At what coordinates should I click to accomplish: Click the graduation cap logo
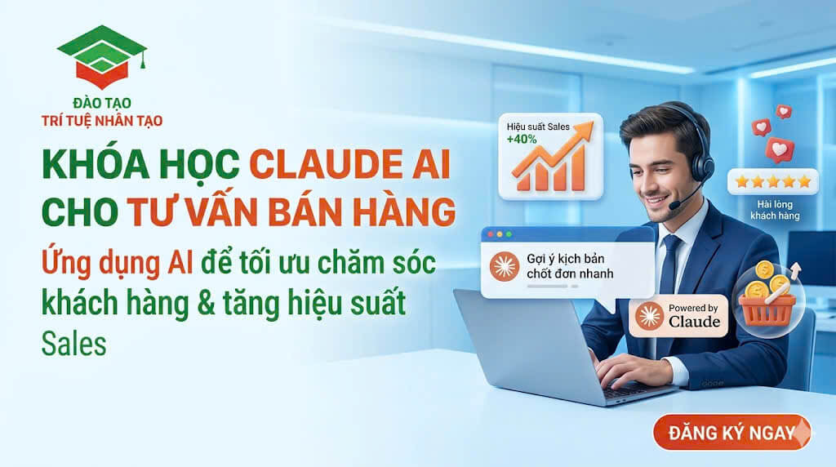(102, 56)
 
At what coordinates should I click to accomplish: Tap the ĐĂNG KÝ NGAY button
(731, 433)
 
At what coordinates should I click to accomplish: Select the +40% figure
(522, 140)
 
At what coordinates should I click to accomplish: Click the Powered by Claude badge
(678, 316)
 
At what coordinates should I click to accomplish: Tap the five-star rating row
(773, 182)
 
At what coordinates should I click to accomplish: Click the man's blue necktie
(669, 265)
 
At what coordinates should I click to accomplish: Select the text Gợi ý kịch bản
(566, 259)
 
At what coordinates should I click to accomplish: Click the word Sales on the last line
(74, 344)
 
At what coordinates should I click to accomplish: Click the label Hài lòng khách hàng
(776, 210)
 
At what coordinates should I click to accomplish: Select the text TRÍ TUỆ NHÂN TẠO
(102, 121)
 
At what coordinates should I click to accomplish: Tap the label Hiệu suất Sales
(538, 127)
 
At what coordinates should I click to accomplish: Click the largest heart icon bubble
(779, 149)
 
